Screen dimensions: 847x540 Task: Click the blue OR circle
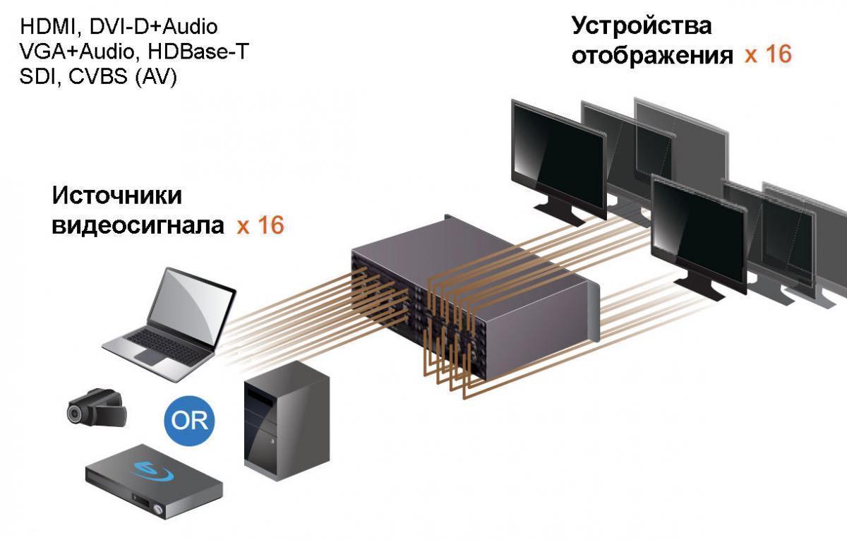(x=189, y=421)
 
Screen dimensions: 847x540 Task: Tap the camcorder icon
(x=97, y=409)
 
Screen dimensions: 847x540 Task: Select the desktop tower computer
(x=287, y=421)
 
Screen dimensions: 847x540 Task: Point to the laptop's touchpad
(x=150, y=356)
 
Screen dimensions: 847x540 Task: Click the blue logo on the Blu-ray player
(x=152, y=472)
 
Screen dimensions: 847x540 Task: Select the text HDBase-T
(x=198, y=52)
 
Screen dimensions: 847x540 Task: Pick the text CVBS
(x=98, y=77)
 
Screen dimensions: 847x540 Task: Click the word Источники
(x=117, y=196)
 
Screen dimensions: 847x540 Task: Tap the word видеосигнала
(x=138, y=225)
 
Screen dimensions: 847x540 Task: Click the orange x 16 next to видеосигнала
(x=260, y=225)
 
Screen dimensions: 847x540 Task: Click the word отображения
(x=652, y=56)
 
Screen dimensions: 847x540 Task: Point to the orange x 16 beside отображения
(x=768, y=54)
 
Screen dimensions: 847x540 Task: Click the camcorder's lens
(x=76, y=414)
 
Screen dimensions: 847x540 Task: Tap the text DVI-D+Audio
(x=154, y=28)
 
